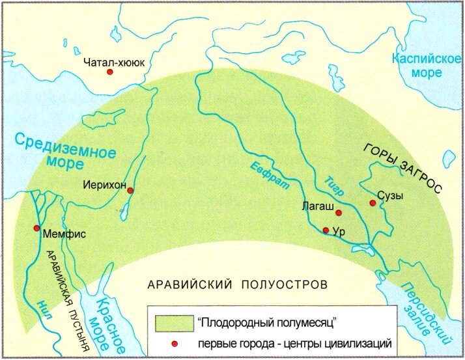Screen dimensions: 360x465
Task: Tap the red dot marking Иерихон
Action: (x=130, y=190)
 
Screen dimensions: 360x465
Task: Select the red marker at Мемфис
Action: (x=36, y=228)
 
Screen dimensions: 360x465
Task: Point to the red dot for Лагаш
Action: (x=339, y=213)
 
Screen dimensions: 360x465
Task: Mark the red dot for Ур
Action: (x=326, y=230)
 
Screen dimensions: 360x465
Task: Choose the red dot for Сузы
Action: (x=373, y=202)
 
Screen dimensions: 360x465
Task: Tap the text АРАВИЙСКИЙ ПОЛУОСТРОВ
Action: (x=237, y=285)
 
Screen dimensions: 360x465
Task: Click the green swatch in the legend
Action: (x=173, y=322)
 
